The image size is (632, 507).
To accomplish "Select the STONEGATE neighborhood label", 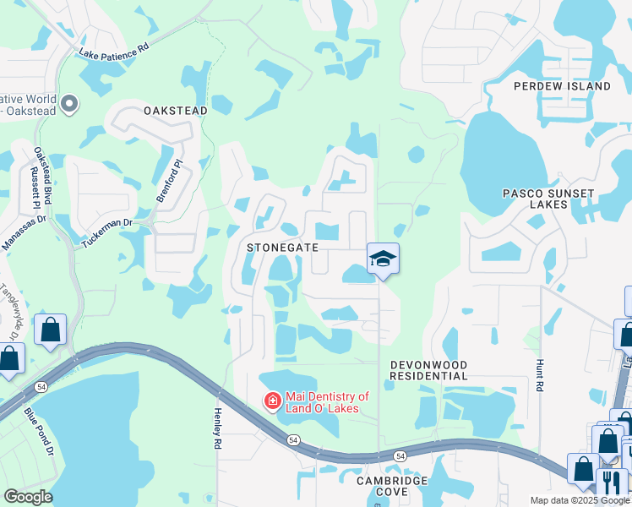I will tap(282, 248).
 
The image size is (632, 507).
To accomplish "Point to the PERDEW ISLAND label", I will tap(562, 86).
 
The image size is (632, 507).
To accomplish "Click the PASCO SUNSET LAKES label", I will tap(548, 199).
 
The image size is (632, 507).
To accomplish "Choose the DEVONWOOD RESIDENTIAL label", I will tap(428, 370).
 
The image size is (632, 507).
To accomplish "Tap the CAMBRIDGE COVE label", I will tap(390, 486).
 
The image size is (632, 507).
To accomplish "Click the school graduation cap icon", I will tap(383, 259).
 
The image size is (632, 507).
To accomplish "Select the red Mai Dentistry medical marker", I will tap(273, 401).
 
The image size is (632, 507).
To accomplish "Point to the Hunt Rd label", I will tap(538, 374).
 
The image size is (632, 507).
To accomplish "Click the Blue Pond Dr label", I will tap(39, 431).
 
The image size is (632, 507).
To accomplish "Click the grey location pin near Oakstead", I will tap(69, 105).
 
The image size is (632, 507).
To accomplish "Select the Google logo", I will tap(28, 497).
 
